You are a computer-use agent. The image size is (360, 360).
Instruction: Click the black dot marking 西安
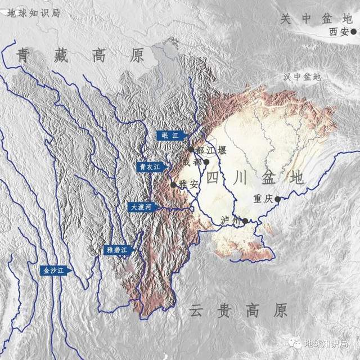click(x=353, y=32)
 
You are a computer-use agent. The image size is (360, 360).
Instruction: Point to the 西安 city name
click(x=339, y=32)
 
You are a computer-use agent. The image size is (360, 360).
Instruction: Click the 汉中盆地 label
click(x=302, y=76)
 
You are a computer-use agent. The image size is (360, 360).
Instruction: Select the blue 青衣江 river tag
click(x=149, y=167)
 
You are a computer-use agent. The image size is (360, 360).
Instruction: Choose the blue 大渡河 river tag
click(x=141, y=206)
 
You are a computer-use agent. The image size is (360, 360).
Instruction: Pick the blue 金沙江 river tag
click(x=56, y=271)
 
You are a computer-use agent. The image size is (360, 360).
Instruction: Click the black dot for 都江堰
click(x=191, y=150)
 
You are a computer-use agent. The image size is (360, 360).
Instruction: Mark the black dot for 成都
click(x=206, y=162)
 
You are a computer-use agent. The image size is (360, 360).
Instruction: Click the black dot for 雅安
click(x=173, y=184)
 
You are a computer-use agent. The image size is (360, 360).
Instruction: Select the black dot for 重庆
click(x=277, y=199)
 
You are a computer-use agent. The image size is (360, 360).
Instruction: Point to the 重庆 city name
click(x=263, y=198)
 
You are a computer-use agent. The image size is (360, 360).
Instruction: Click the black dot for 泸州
click(x=245, y=220)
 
